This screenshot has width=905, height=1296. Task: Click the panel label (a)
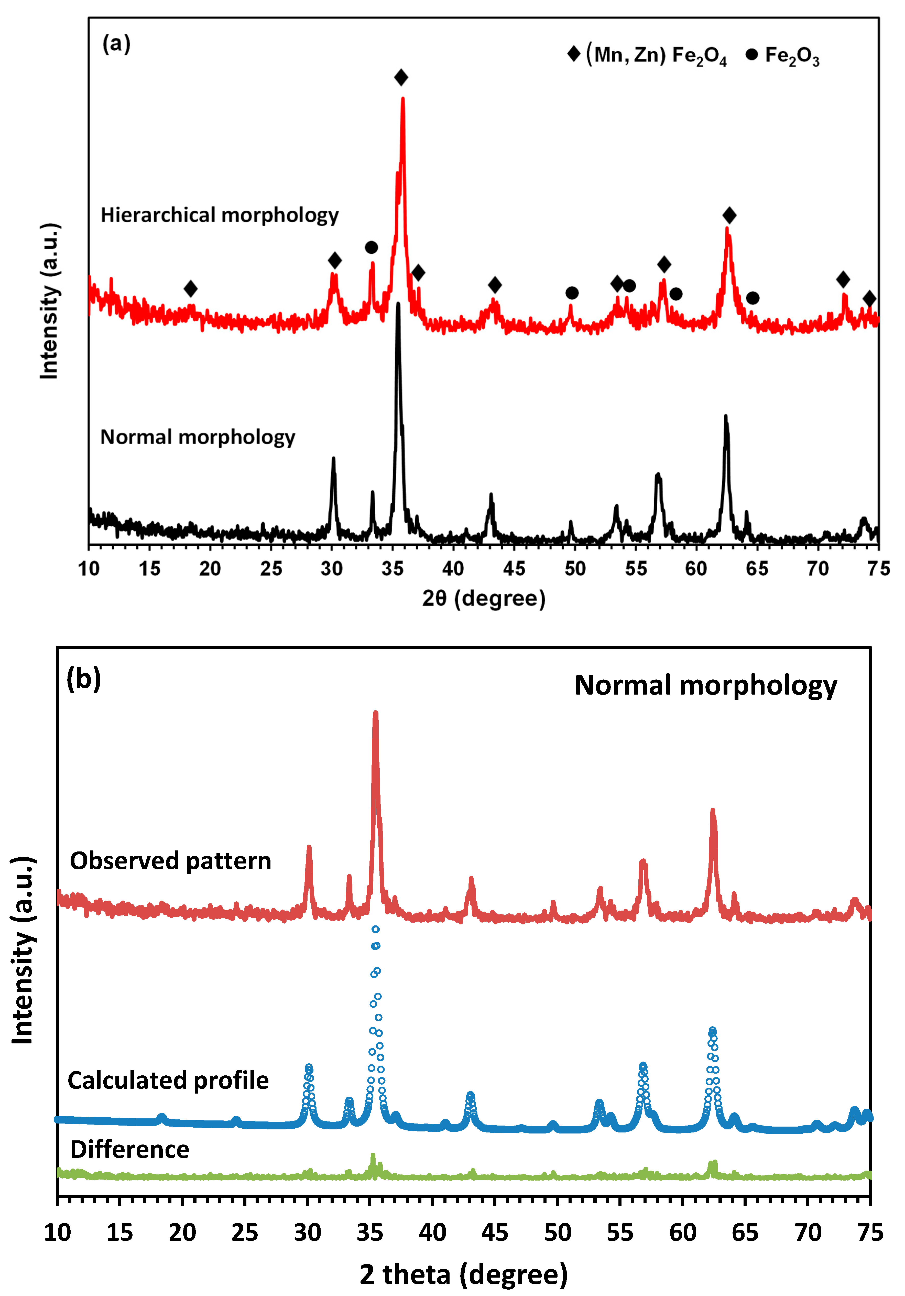click(116, 44)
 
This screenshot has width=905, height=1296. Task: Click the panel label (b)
click(83, 679)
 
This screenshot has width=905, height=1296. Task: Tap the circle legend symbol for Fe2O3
click(751, 55)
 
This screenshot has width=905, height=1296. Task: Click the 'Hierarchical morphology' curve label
click(220, 215)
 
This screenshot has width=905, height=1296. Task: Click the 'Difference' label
click(130, 1150)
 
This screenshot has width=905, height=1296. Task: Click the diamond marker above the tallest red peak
click(401, 77)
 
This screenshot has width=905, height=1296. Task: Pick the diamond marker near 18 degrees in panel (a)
click(191, 289)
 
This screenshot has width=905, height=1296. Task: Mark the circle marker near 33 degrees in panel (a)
click(371, 247)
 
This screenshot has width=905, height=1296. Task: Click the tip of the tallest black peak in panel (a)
click(398, 305)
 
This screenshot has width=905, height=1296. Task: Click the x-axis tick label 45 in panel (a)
click(514, 568)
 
